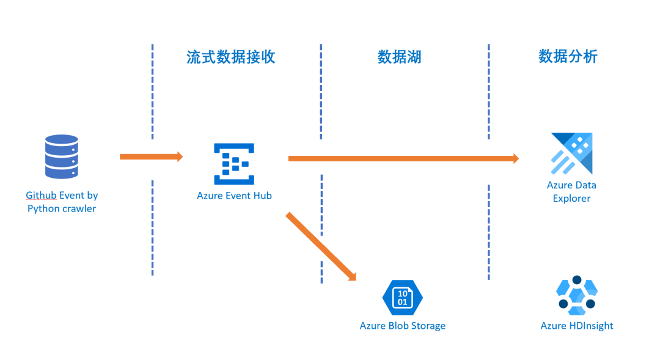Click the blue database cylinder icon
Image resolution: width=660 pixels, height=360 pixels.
(62, 156)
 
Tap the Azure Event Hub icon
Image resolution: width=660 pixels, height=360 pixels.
(234, 164)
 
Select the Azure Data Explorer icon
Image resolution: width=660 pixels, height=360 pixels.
(572, 153)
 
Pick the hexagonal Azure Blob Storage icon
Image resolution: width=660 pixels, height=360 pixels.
(402, 297)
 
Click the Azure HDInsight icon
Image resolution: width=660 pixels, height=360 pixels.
(576, 296)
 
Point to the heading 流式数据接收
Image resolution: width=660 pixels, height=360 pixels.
(231, 57)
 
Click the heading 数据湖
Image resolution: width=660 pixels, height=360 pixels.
(399, 57)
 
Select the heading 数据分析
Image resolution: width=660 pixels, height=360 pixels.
(568, 56)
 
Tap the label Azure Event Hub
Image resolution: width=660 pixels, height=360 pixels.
(234, 196)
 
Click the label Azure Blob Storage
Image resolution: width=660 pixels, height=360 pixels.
(402, 326)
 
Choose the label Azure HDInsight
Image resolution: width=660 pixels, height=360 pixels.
(576, 326)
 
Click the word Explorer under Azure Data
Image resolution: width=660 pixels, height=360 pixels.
(571, 198)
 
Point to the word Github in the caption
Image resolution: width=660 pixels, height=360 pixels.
(40, 196)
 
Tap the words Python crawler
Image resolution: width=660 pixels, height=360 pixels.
(62, 208)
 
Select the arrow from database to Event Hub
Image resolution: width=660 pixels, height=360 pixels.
(150, 157)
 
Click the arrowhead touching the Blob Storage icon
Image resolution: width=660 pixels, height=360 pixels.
(351, 276)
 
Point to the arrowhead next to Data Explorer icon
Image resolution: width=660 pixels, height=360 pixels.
(515, 159)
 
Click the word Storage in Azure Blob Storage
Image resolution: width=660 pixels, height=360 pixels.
(427, 326)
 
